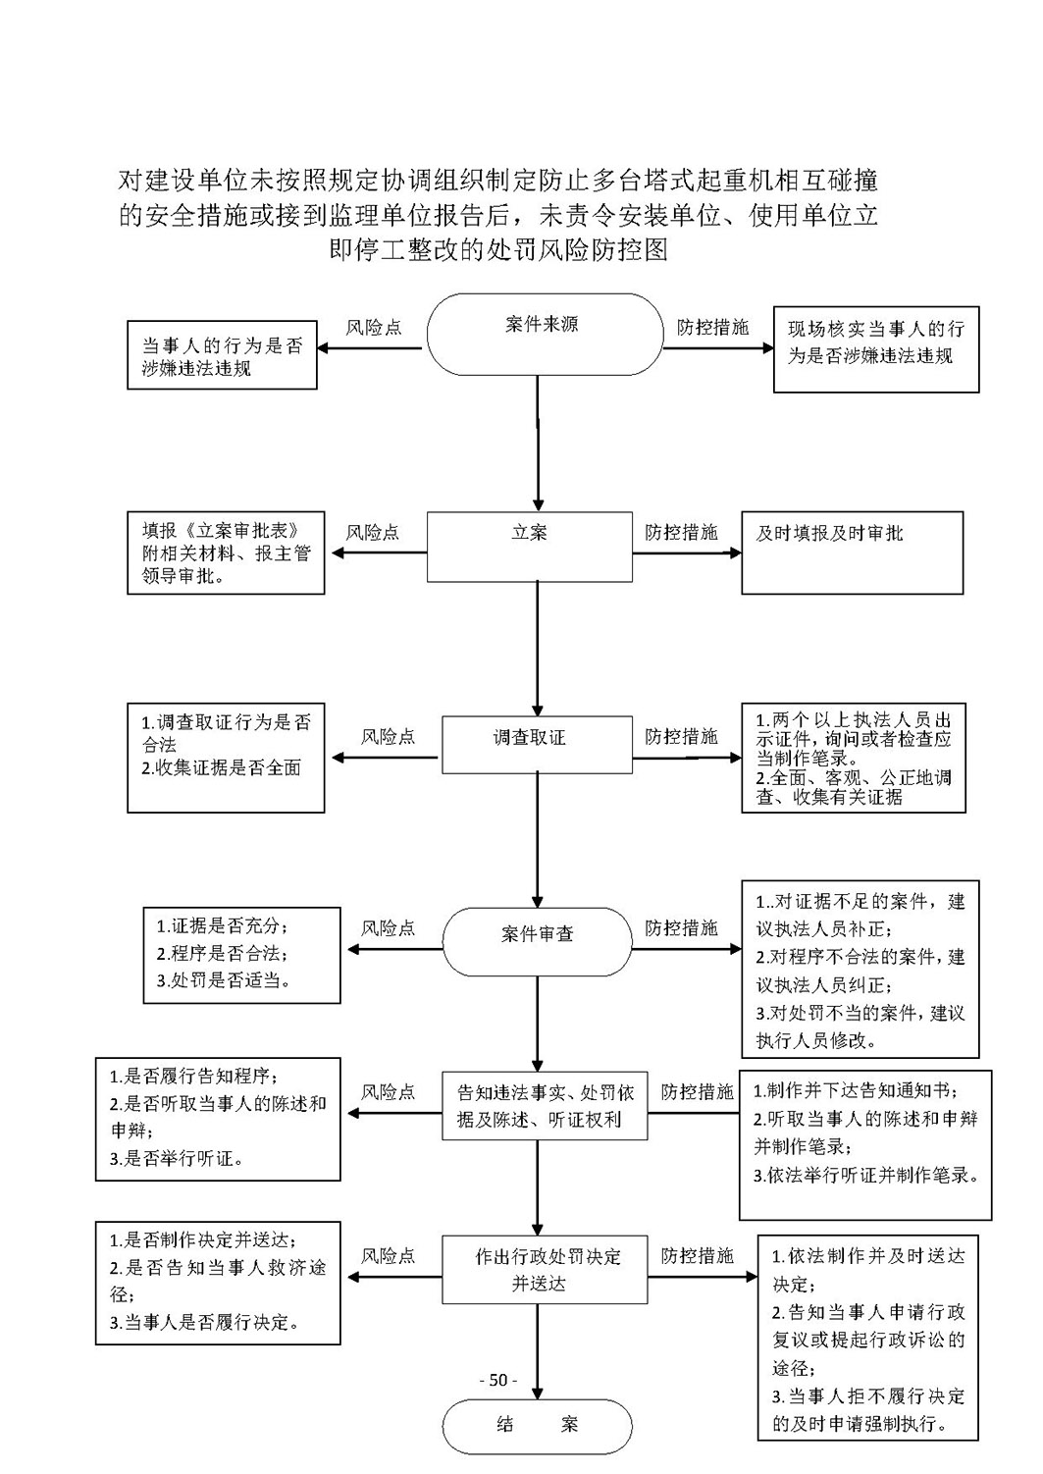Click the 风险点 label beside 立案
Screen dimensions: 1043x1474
pos(373,532)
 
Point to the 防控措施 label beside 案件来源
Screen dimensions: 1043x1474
pos(712,327)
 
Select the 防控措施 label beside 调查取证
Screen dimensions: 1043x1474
pos(681,736)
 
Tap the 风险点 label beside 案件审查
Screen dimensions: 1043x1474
pos(388,927)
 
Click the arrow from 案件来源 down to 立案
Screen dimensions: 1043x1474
pos(538,444)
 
